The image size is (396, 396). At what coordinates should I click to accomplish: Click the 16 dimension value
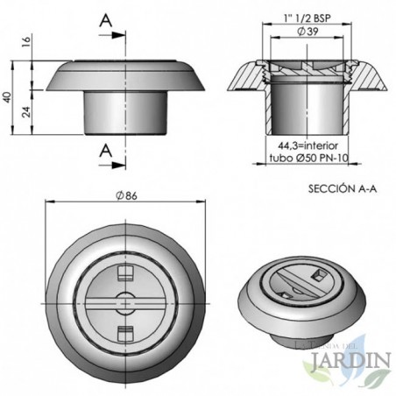coord(26,43)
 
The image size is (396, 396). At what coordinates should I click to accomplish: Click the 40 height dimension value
coord(8,97)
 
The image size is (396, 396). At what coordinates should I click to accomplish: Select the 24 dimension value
coord(26,112)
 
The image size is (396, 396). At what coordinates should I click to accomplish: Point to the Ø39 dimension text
coord(308,32)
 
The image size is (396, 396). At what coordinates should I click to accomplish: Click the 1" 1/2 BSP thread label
coord(308,18)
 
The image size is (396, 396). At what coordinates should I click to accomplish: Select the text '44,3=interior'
coord(308,145)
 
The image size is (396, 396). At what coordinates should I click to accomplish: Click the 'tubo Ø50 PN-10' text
coord(308,158)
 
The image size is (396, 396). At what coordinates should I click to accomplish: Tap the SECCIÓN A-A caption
coord(343,189)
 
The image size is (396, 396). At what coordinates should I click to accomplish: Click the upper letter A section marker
coord(106,20)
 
